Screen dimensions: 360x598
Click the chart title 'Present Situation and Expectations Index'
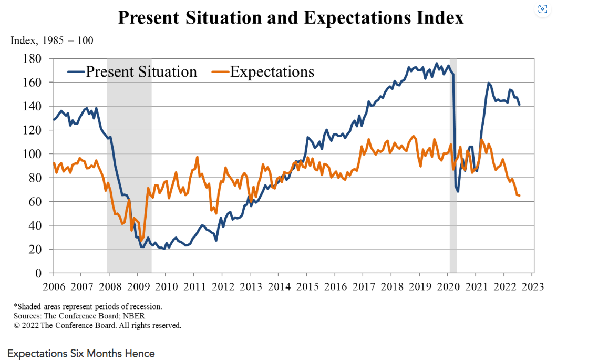pos(291,17)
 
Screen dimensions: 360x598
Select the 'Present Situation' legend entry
pos(141,72)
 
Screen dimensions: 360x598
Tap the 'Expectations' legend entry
pos(272,72)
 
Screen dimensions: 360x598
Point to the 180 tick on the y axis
pos(33,59)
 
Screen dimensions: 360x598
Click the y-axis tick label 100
pos(33,154)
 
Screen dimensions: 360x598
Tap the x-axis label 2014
pos(278,287)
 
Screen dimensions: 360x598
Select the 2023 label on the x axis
pos(532,287)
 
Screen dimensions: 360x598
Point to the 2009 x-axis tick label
pos(137,287)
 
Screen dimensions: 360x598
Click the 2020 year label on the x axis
pos(447,287)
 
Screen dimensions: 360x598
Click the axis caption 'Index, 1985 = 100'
pos(52,40)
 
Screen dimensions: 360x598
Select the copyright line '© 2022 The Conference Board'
pos(97,325)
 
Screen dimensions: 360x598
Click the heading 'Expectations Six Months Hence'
pos(81,353)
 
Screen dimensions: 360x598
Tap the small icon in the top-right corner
pos(543,9)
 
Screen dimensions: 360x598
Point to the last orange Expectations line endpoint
pos(519,196)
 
